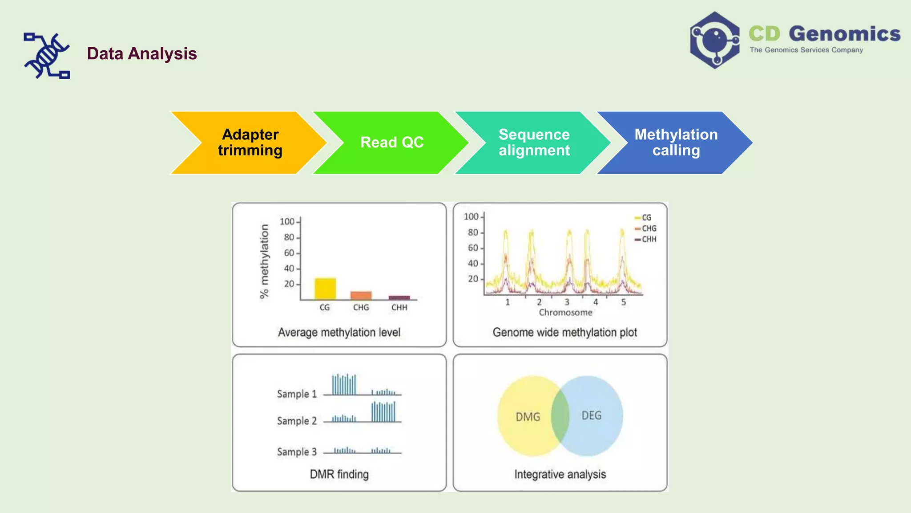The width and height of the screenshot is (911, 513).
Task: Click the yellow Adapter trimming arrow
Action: (249, 142)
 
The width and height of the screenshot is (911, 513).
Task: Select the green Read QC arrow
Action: (391, 142)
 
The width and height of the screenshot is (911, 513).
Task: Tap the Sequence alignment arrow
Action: (534, 142)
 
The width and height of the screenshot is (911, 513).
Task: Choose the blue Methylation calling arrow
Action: (676, 142)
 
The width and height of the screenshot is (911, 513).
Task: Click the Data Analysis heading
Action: (141, 53)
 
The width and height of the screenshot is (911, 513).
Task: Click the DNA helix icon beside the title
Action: (47, 56)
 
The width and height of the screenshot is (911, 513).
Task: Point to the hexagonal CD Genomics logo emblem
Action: (714, 40)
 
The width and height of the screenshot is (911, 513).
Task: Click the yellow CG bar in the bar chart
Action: (325, 289)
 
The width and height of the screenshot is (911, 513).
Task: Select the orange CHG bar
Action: (361, 296)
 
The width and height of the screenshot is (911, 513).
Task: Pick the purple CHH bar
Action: (399, 297)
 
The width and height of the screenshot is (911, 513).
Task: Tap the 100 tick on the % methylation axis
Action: (287, 221)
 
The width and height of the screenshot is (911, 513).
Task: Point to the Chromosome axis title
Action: (565, 313)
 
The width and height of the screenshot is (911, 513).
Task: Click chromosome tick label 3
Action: (567, 302)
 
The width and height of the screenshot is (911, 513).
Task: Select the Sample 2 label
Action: (297, 421)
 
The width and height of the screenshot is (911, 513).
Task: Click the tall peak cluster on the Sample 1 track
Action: (344, 385)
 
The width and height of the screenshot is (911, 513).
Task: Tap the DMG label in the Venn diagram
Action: (528, 417)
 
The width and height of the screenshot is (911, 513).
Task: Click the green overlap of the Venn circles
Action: (560, 416)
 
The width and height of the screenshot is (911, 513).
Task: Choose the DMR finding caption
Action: (339, 474)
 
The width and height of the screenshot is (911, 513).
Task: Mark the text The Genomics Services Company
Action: (806, 50)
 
